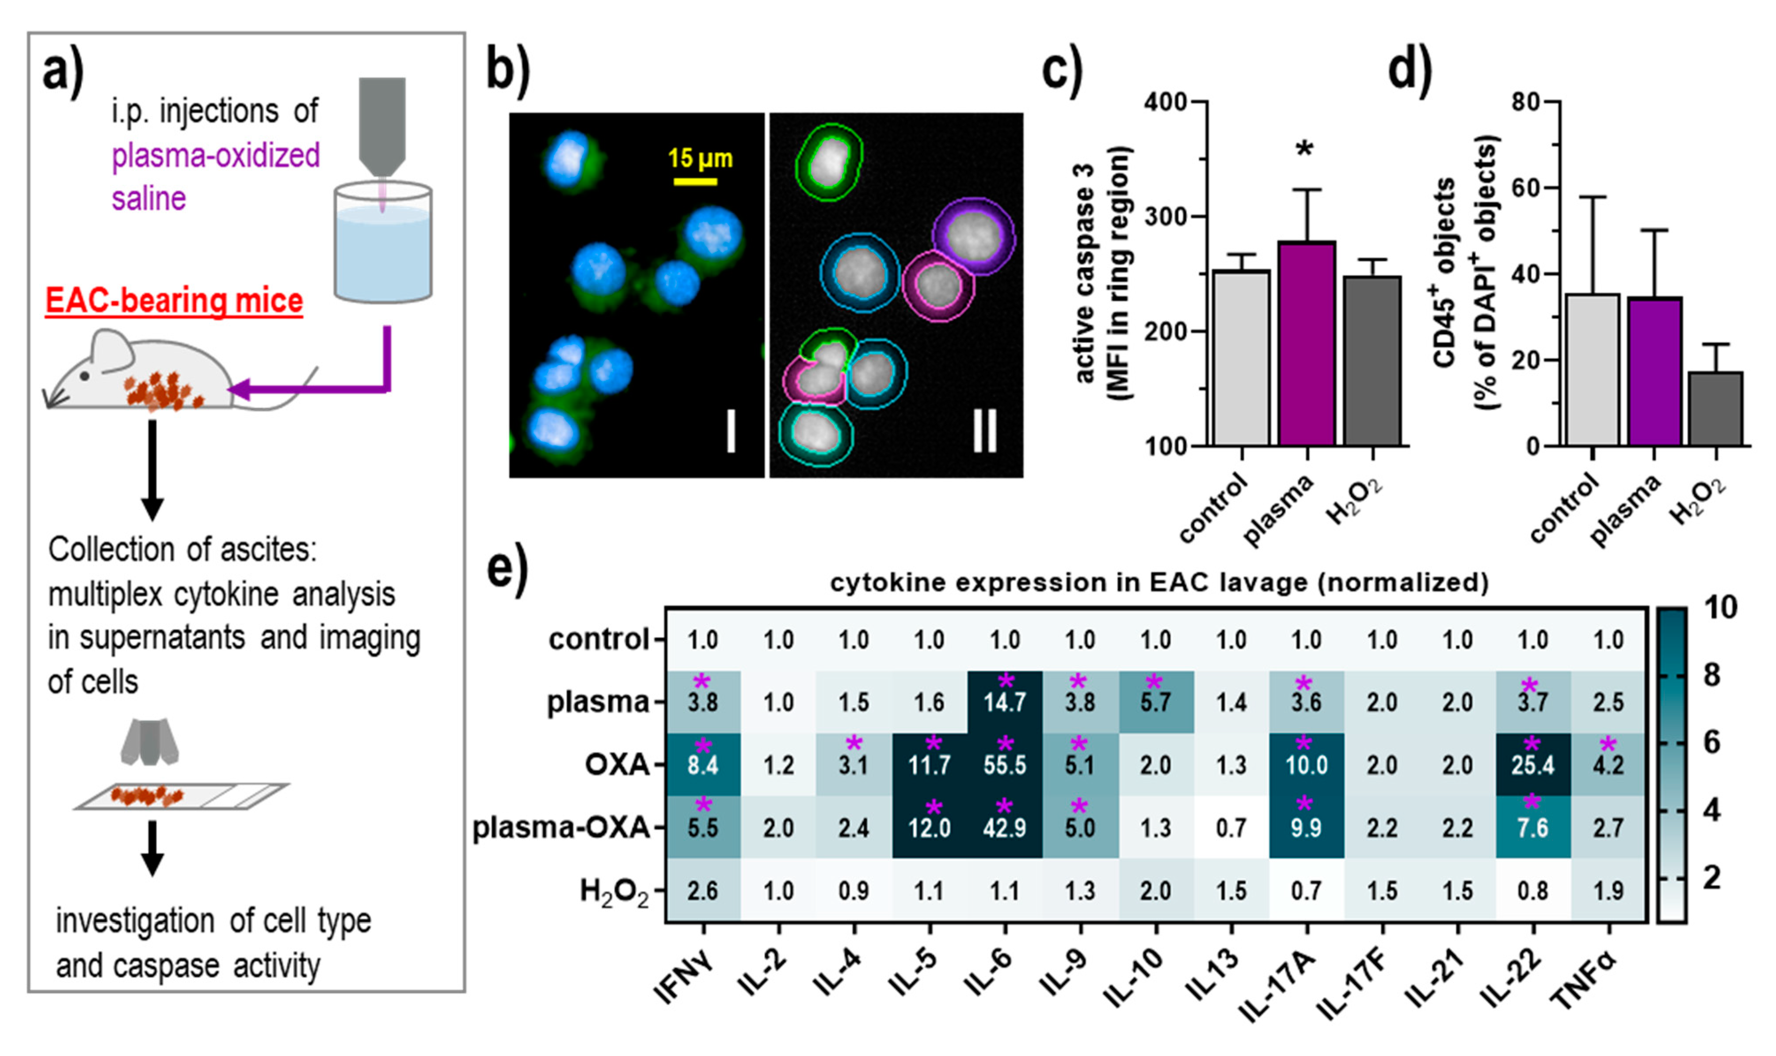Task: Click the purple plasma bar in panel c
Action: (x=1307, y=344)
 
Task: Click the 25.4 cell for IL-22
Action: (x=1532, y=765)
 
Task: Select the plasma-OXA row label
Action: (x=561, y=827)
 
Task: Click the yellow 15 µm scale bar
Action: (x=695, y=182)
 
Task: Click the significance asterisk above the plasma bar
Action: (x=1304, y=149)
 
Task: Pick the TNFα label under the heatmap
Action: (x=1583, y=982)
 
